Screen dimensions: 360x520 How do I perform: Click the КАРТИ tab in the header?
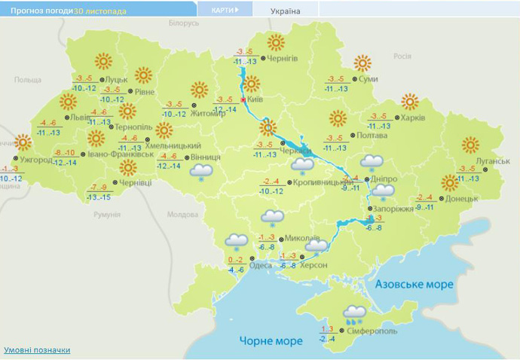(224, 10)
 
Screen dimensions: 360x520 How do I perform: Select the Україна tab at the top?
(286, 11)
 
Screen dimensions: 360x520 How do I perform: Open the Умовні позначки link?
(37, 349)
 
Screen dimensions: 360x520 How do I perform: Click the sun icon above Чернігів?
(276, 42)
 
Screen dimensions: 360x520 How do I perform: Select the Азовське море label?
(414, 284)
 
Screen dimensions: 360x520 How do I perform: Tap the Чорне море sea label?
(271, 340)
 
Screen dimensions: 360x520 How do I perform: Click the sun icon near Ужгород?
(24, 142)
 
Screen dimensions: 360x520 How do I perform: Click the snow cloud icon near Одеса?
(236, 241)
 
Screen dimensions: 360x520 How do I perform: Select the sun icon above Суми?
(363, 63)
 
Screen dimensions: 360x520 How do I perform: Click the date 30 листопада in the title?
(100, 11)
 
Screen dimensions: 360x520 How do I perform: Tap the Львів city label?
(78, 117)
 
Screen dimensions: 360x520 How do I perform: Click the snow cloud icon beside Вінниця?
(200, 172)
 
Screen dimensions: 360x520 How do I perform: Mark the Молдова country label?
(181, 215)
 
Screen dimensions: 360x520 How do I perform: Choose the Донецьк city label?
(462, 199)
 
